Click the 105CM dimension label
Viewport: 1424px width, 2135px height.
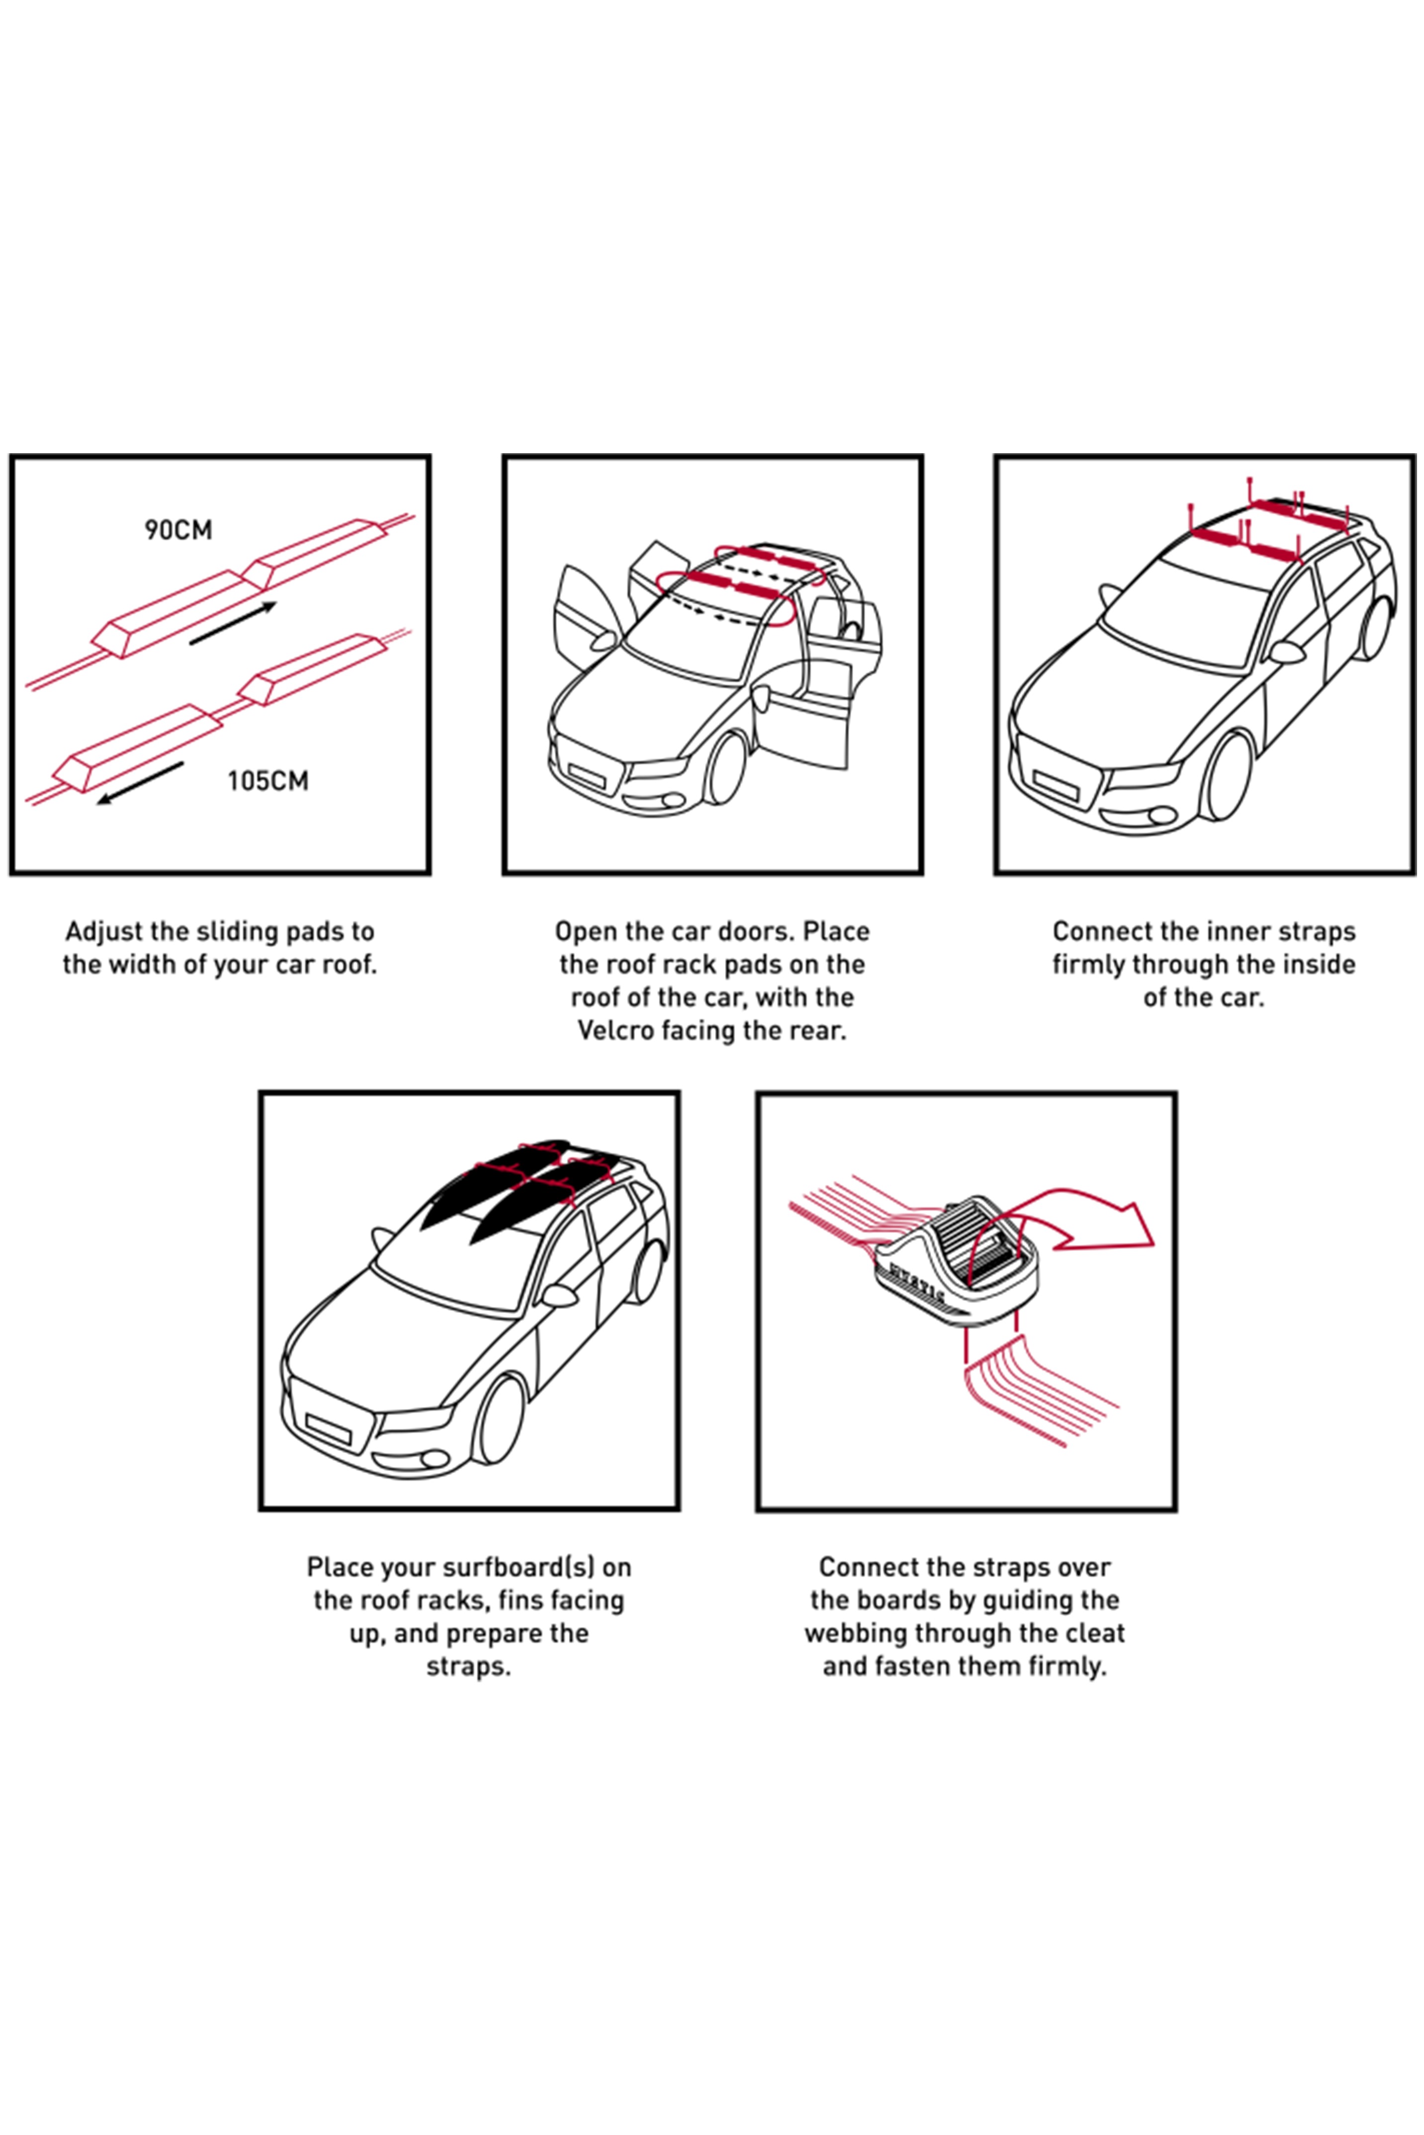tap(268, 781)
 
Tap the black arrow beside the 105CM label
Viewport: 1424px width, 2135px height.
tap(141, 782)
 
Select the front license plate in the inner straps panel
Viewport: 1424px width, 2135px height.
tap(1055, 785)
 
